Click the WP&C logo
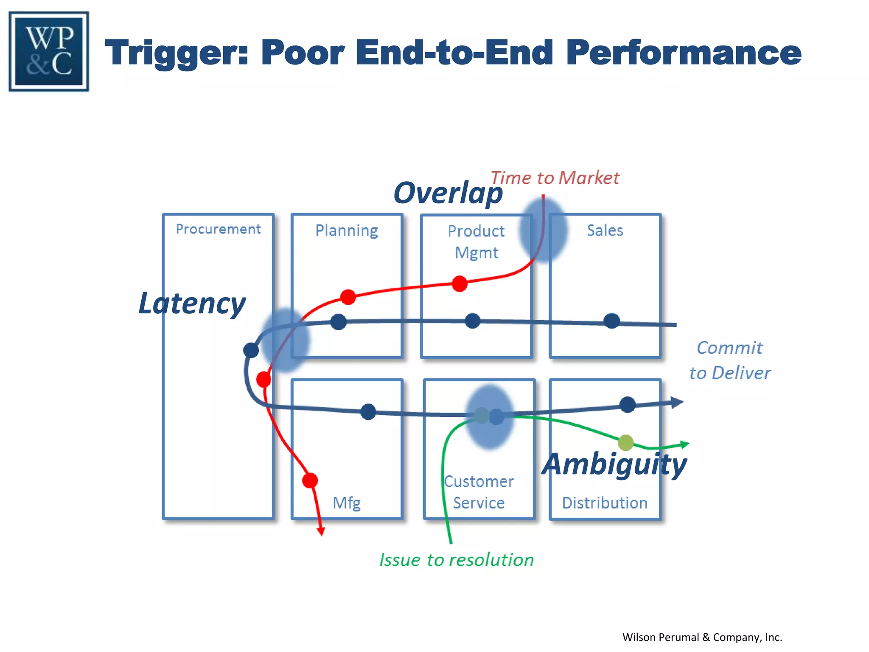[49, 51]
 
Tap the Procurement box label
[218, 229]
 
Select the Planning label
[346, 230]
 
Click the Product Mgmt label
[476, 242]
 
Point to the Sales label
[605, 230]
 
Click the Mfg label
[346, 503]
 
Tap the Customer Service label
[479, 492]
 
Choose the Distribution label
[605, 503]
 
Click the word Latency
[192, 304]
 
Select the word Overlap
[448, 193]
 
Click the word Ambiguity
[614, 464]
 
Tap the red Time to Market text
[555, 178]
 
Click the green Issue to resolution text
[456, 560]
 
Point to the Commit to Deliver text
[730, 360]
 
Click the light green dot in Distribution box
[625, 443]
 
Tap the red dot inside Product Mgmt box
[460, 284]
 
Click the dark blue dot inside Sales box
[611, 321]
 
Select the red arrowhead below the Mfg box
[321, 531]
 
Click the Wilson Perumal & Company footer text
[702, 637]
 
